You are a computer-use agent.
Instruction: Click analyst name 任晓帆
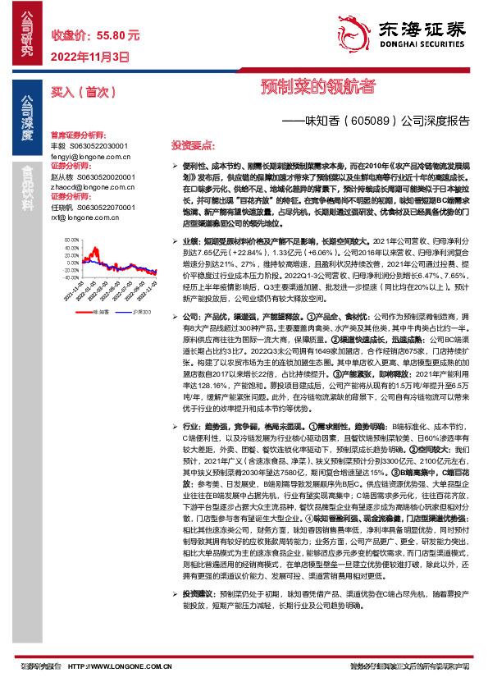coord(62,208)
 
